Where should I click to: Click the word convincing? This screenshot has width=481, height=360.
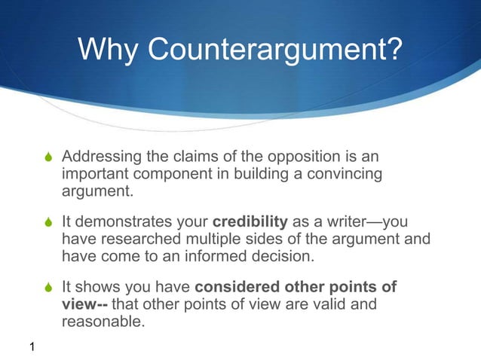(x=344, y=174)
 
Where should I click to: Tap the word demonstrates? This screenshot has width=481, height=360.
(x=127, y=223)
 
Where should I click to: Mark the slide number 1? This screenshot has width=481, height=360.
(x=32, y=346)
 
